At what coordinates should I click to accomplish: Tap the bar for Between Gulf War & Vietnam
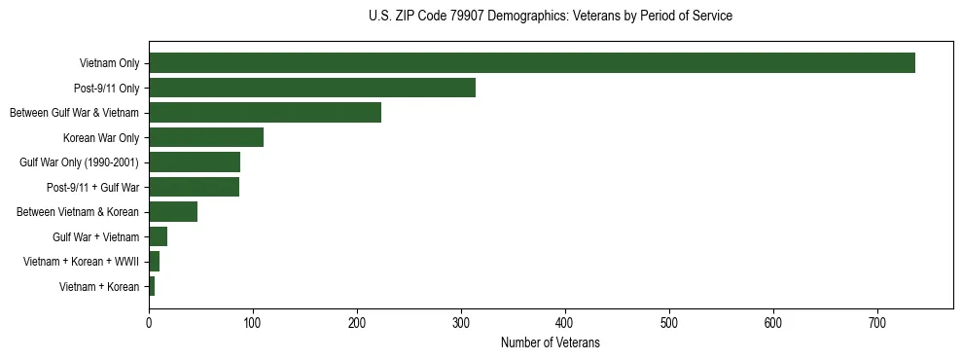pyautogui.click(x=265, y=113)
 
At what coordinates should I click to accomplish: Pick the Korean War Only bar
pyautogui.click(x=206, y=137)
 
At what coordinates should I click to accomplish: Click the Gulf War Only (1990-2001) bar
pyautogui.click(x=195, y=162)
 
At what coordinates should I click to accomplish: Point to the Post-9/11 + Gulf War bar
pyautogui.click(x=194, y=187)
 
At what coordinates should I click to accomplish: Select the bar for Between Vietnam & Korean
pyautogui.click(x=173, y=212)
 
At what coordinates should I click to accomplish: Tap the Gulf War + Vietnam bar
pyautogui.click(x=158, y=236)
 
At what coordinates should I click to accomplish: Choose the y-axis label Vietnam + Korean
pyautogui.click(x=99, y=287)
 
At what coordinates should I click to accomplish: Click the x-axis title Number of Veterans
pyautogui.click(x=551, y=343)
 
